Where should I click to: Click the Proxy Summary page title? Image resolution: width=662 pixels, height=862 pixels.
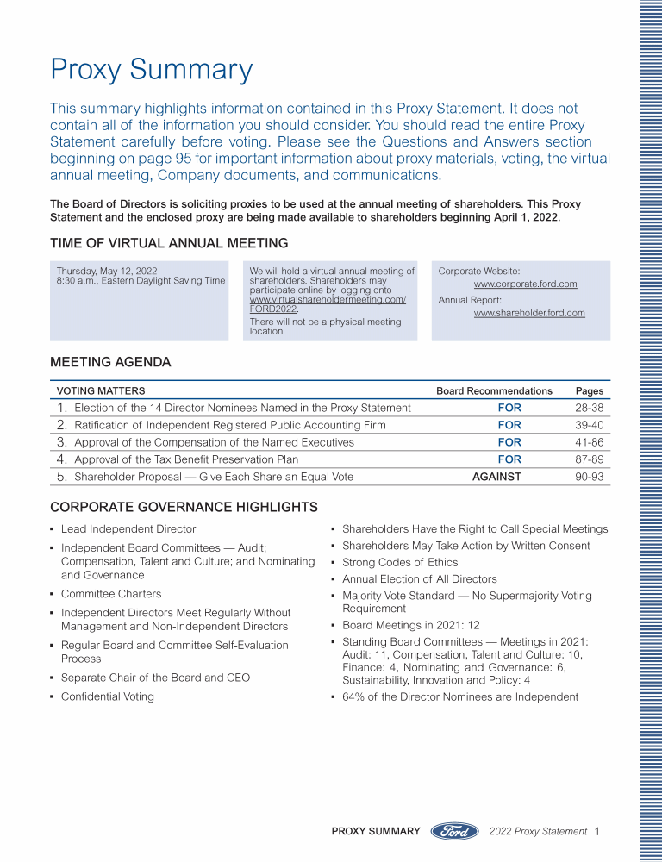pos(151,70)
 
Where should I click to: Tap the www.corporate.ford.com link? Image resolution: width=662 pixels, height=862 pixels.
pos(525,284)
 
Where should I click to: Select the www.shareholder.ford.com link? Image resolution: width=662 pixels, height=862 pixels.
pos(529,314)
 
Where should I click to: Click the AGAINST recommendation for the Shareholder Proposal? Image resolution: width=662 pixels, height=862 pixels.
pos(496,477)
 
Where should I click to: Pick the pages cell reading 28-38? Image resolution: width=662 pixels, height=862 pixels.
pos(589,408)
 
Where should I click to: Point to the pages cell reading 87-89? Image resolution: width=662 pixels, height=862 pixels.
pos(589,459)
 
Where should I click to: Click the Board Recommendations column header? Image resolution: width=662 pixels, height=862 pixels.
pos(494,391)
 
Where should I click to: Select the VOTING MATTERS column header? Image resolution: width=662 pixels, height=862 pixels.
pos(101,391)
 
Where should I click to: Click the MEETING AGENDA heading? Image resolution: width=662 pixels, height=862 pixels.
pos(110,362)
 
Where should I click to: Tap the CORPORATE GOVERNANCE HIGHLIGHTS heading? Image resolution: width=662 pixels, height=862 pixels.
pos(184,507)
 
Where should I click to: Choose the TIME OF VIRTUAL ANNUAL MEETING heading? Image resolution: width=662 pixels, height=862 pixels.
pos(169,243)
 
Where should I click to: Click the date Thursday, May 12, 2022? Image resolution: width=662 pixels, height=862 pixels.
pos(107,272)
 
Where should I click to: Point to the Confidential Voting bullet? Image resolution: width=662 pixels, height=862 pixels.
pos(107,696)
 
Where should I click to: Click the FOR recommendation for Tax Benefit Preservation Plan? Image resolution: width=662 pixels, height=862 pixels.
pos(509,459)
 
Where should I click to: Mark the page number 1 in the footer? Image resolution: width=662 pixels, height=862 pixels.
pos(596,831)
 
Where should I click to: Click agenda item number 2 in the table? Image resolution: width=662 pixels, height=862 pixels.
pos(62,425)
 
